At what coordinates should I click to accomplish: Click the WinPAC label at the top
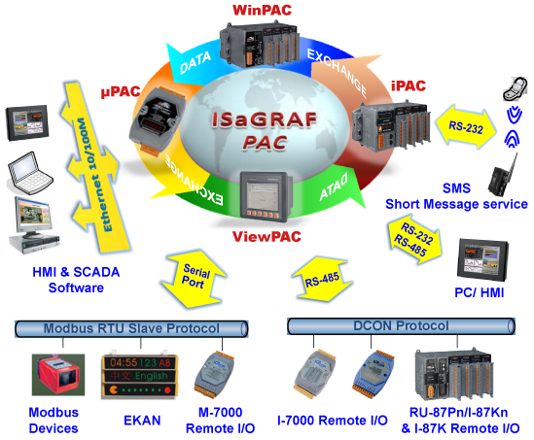[x=263, y=10]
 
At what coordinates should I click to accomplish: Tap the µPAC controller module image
[x=158, y=120]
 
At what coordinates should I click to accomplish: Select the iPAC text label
[x=409, y=85]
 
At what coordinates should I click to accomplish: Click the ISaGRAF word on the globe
[x=265, y=120]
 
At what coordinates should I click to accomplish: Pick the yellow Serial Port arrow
[x=194, y=279]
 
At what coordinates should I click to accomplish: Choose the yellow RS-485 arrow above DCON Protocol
[x=322, y=280]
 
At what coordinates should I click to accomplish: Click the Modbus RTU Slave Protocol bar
[x=131, y=329]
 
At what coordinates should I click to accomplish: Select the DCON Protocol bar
[x=401, y=326]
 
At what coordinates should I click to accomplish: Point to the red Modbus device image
[x=58, y=375]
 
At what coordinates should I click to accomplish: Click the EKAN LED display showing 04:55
[x=140, y=376]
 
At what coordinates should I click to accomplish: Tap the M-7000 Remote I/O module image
[x=215, y=375]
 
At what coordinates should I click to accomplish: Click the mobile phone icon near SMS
[x=515, y=88]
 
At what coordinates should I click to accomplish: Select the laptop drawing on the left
[x=30, y=174]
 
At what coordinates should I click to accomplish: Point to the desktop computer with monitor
[x=34, y=224]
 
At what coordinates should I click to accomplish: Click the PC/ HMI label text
[x=479, y=293]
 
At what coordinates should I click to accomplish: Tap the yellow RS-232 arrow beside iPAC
[x=466, y=127]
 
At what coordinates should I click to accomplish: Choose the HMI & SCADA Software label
[x=76, y=280]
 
